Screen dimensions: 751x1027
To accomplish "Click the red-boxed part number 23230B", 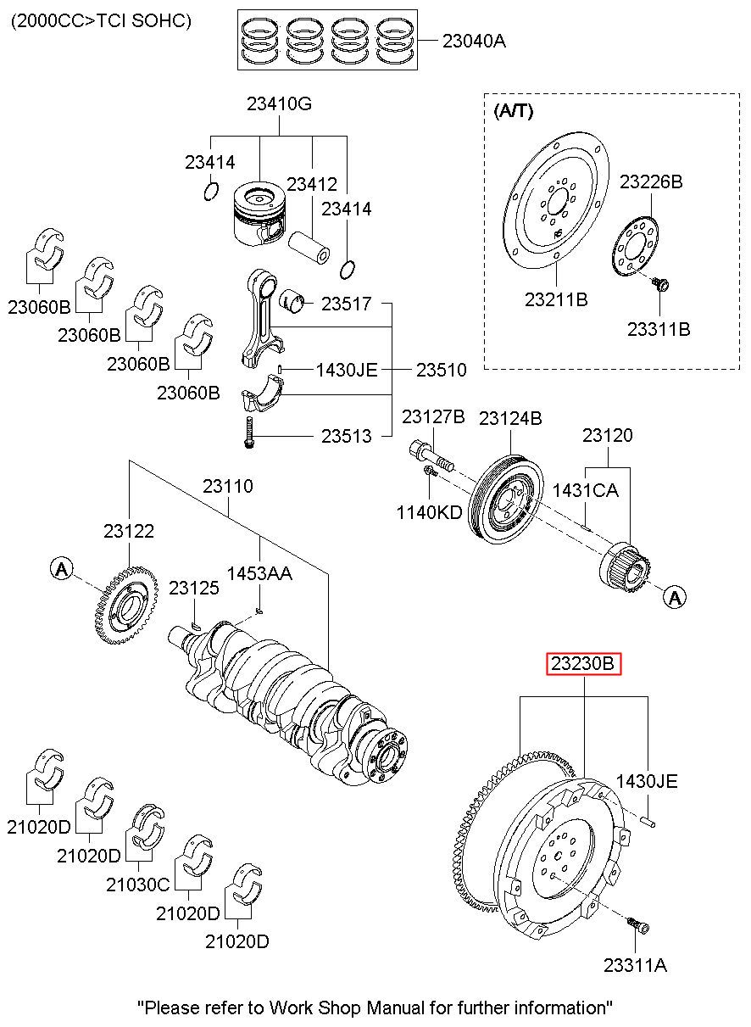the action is pos(583,663).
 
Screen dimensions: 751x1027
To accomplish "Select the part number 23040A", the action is pos(474,41).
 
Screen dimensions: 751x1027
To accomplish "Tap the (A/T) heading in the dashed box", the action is pos(513,111).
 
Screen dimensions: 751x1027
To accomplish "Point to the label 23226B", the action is pos(651,181).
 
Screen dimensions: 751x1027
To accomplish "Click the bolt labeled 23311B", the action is pos(660,285).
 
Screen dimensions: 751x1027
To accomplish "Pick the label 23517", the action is pos(346,304).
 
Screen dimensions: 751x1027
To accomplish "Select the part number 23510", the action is pos(442,370).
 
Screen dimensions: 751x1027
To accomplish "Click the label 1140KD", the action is pos(430,512).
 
